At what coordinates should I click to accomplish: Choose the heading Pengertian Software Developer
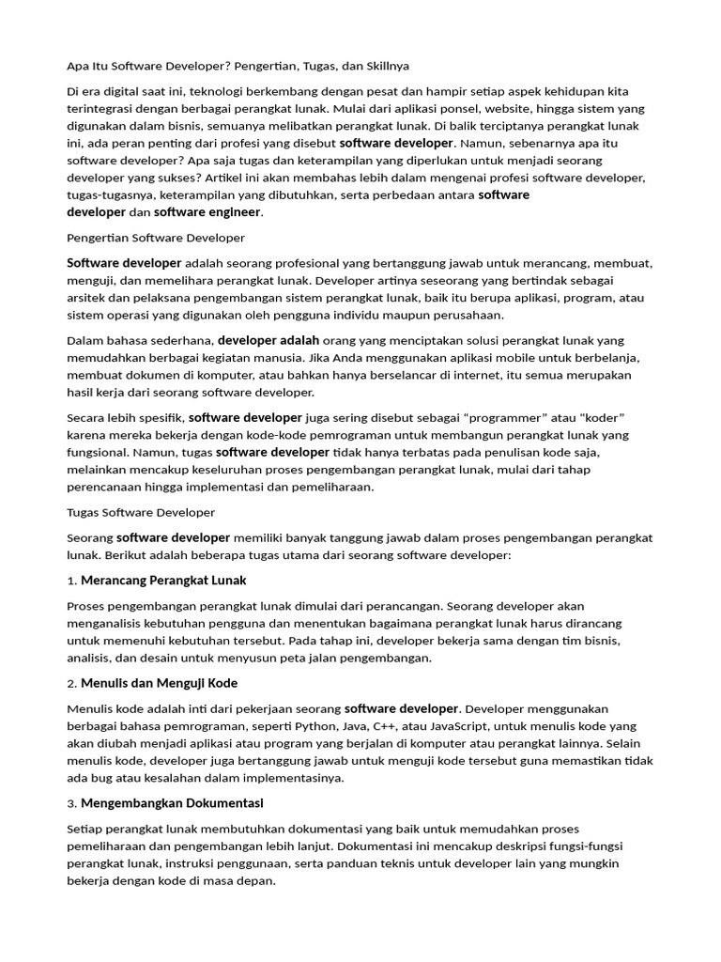coord(156,238)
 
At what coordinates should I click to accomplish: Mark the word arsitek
coord(84,297)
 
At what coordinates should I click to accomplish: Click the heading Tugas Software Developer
coord(141,512)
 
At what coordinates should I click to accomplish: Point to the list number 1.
coord(71,581)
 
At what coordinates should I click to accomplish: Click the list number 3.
coord(71,804)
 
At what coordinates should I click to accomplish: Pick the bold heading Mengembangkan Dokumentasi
coord(172,803)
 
